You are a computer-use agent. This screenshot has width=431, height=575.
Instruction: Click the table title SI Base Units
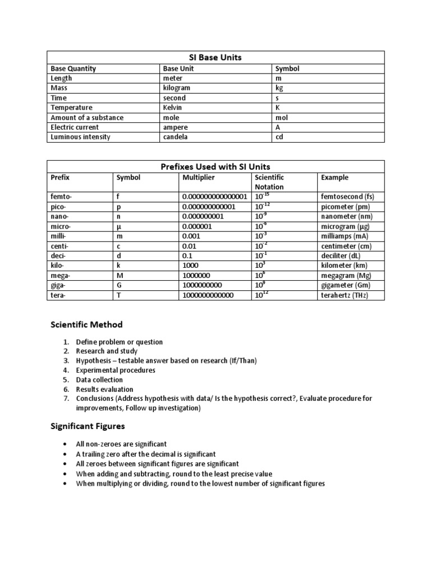tap(215, 58)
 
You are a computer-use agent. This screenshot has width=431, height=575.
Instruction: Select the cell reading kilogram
tap(176, 88)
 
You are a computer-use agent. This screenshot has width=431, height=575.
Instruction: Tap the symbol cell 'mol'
tap(281, 117)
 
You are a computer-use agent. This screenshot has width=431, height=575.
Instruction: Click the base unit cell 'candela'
tap(176, 137)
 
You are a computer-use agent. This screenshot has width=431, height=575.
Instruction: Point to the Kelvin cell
tap(173, 108)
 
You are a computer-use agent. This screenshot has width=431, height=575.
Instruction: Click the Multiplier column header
tap(199, 177)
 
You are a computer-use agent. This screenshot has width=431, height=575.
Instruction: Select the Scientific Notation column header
tap(269, 182)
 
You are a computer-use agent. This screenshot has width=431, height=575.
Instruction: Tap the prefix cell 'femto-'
tap(62, 197)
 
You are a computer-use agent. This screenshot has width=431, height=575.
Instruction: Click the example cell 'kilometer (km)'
tap(344, 266)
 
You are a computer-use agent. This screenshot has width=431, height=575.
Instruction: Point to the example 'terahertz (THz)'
tap(345, 295)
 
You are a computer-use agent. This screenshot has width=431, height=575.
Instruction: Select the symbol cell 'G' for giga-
tap(118, 285)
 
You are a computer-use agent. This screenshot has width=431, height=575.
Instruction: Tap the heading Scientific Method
tap(86, 325)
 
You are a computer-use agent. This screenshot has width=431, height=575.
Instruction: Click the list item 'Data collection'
tap(99, 380)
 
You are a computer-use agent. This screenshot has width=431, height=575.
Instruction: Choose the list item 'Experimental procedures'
tap(116, 370)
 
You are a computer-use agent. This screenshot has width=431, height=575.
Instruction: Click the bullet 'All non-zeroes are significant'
tap(121, 444)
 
